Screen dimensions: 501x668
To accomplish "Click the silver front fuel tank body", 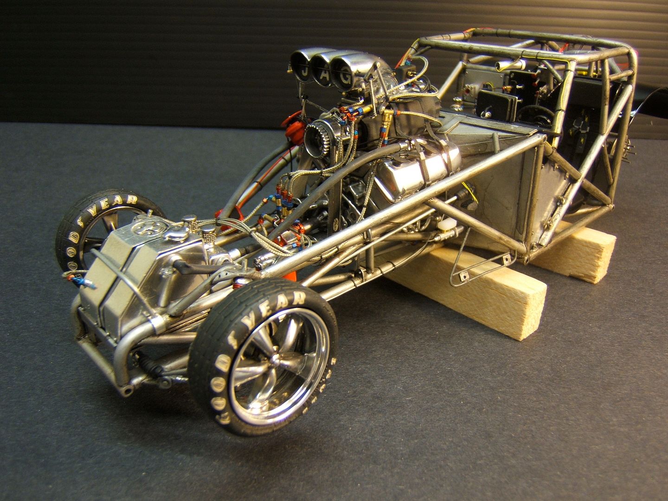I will tap(135, 274).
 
